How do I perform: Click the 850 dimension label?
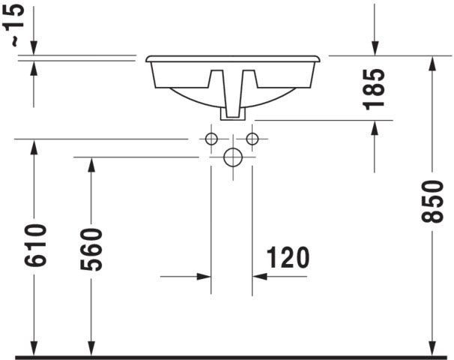coord(432,202)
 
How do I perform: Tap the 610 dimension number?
coord(35,245)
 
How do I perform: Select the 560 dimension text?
coord(91,250)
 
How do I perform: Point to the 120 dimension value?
coord(288,257)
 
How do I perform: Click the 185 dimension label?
coord(374,89)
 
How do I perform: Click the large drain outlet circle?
coord(233,157)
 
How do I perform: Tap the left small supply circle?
coord(211,139)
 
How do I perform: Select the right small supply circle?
coord(252,139)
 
